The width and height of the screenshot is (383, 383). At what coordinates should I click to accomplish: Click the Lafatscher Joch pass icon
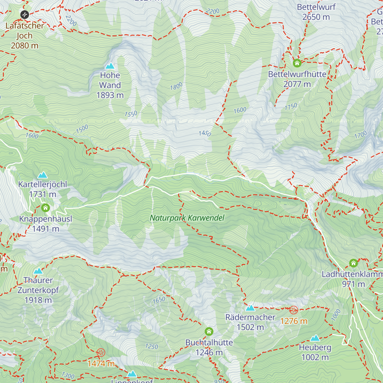(x=25, y=14)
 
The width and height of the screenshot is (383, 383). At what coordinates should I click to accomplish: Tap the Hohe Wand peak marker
(x=110, y=66)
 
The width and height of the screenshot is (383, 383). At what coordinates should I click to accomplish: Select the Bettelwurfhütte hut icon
(x=297, y=63)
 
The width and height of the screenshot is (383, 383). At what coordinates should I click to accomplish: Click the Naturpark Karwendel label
(x=187, y=218)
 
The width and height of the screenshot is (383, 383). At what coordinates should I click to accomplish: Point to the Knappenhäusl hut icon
(x=46, y=208)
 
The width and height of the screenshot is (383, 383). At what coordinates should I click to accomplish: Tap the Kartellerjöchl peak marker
(x=42, y=175)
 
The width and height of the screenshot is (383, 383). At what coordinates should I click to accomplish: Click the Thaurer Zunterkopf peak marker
(x=38, y=271)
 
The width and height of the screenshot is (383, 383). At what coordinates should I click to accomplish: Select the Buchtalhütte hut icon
(x=209, y=331)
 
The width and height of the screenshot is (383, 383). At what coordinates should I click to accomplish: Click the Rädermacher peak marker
(x=250, y=308)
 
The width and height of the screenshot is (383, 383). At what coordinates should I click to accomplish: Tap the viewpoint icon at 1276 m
(x=293, y=310)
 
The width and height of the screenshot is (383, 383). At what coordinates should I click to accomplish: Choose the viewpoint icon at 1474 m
(x=101, y=352)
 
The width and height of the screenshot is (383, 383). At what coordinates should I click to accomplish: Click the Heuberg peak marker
(x=315, y=338)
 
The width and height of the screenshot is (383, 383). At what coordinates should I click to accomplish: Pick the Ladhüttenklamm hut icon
(x=353, y=263)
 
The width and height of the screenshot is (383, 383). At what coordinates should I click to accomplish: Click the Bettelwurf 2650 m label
(x=316, y=12)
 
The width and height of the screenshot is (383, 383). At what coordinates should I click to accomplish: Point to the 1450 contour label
(x=205, y=133)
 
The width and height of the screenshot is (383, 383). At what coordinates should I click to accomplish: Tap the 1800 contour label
(x=176, y=86)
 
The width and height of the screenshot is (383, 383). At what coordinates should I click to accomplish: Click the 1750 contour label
(x=291, y=107)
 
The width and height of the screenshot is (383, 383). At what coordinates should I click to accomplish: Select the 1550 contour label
(x=131, y=114)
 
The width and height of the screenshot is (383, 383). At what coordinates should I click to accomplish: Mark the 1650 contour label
(x=159, y=300)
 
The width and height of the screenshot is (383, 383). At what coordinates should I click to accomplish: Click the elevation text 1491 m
(x=46, y=229)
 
